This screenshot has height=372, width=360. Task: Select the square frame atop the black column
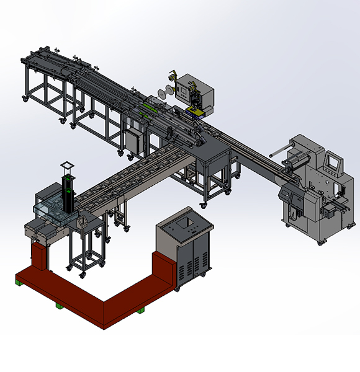pos(67,166)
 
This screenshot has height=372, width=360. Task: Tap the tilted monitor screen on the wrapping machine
pos(333,162)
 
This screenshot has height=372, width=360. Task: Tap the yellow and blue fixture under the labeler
pos(195,112)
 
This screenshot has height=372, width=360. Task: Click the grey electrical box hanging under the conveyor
pos(134,140)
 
